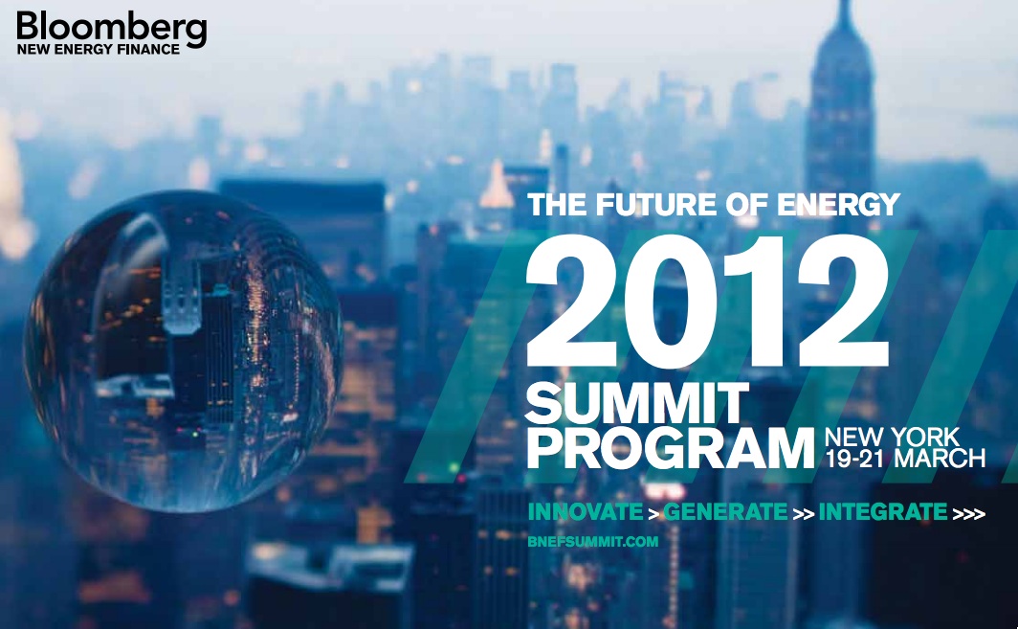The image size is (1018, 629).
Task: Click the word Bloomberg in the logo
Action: (x=112, y=29)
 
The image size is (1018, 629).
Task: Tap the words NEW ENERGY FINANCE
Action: (x=98, y=50)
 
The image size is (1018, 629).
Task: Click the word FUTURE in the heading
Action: (x=656, y=205)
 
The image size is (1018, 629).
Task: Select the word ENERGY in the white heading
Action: (x=838, y=205)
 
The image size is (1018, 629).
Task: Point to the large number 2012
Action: (x=707, y=302)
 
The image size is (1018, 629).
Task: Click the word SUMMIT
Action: (x=637, y=403)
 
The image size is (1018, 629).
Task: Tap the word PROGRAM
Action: (x=670, y=448)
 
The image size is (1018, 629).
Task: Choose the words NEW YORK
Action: (x=892, y=436)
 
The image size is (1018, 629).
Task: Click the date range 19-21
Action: (x=855, y=458)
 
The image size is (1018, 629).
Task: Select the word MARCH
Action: (x=940, y=458)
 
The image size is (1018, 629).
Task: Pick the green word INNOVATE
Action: (x=585, y=512)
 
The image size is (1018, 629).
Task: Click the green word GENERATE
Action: (x=724, y=512)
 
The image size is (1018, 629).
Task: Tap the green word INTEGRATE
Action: (x=882, y=512)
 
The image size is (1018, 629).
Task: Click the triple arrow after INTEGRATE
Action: (x=968, y=514)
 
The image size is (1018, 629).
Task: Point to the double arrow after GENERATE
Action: (x=804, y=514)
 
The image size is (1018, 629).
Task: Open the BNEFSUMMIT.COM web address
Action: (x=593, y=541)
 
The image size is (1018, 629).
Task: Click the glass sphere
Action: (x=184, y=351)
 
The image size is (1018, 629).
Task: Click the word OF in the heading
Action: (x=747, y=205)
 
